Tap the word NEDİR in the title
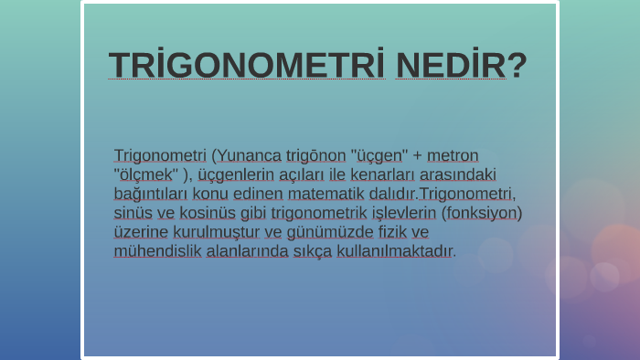(x=451, y=66)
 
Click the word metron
(x=453, y=155)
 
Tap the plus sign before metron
(x=418, y=155)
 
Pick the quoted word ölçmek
(x=145, y=175)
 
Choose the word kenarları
(x=360, y=175)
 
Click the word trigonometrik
(x=321, y=213)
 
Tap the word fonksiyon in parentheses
(x=482, y=213)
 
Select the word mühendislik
(x=157, y=251)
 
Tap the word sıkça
(x=313, y=251)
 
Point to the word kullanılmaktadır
(x=394, y=251)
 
